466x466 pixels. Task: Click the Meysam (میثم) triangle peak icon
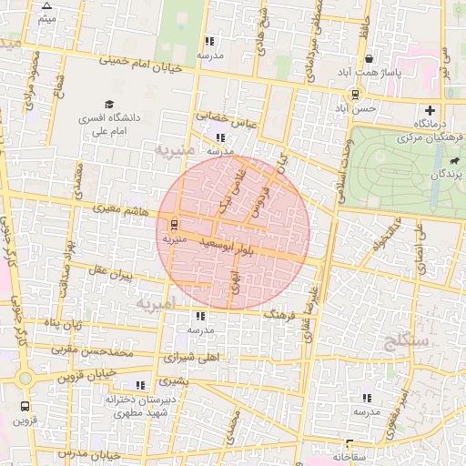47,5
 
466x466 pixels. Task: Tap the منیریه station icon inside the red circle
173,225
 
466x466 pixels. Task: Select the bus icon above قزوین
25,407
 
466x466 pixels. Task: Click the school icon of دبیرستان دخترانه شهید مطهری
140,385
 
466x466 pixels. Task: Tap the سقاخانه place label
349,455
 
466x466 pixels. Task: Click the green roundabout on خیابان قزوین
25,378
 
